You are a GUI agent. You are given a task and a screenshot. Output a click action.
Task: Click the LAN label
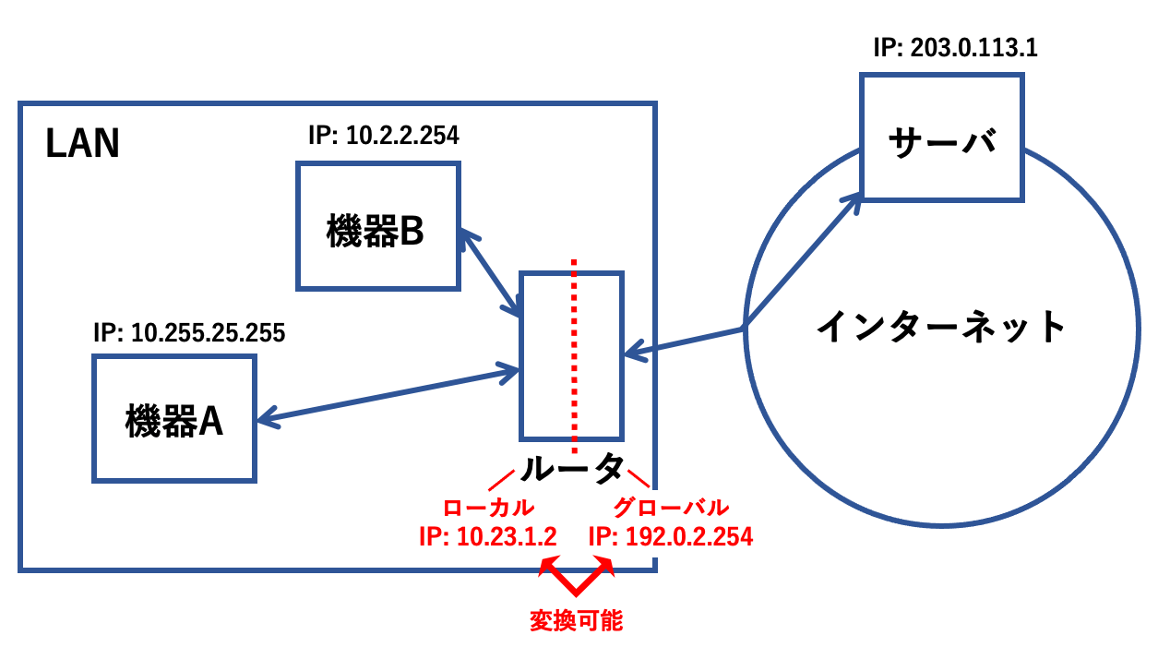(x=83, y=145)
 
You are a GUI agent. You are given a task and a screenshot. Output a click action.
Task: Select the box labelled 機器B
(x=376, y=227)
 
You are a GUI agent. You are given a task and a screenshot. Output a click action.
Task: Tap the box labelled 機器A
(x=174, y=418)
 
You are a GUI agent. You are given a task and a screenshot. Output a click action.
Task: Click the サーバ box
(x=941, y=138)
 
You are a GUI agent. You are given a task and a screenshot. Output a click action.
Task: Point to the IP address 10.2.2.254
(x=383, y=137)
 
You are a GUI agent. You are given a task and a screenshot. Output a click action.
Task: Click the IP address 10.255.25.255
(x=189, y=332)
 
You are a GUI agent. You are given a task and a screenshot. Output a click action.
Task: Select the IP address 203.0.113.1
(x=955, y=48)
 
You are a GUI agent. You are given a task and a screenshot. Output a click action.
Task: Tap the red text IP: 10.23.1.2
(x=487, y=537)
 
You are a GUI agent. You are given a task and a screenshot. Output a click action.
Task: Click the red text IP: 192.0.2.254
(x=670, y=537)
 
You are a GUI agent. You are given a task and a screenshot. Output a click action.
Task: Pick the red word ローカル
(x=488, y=509)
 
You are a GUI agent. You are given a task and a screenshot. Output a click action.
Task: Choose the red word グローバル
(x=671, y=509)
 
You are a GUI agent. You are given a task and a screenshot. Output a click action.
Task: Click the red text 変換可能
(x=577, y=620)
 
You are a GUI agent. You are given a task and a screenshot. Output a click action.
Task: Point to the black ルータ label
(x=572, y=470)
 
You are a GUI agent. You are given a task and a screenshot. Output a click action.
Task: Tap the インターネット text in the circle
(x=941, y=327)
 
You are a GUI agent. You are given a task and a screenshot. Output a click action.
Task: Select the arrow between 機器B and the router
(x=489, y=272)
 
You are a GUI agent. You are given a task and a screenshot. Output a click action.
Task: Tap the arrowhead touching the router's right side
(x=633, y=351)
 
